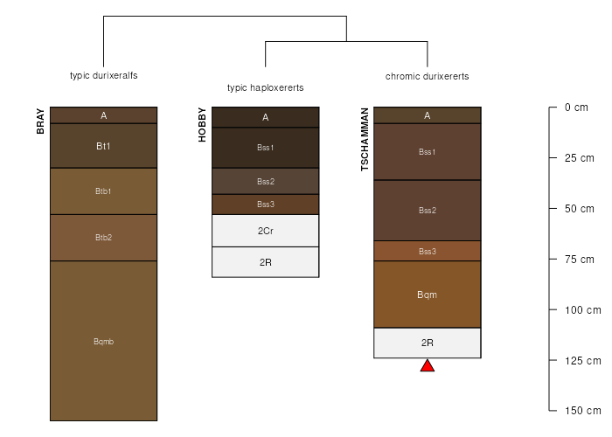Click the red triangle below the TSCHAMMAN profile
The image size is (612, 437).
tap(428, 366)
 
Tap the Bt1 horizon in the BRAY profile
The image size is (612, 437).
tap(103, 146)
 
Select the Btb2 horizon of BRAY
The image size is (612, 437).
tap(103, 238)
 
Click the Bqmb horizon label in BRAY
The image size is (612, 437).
tap(103, 342)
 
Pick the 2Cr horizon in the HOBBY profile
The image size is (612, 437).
tap(266, 231)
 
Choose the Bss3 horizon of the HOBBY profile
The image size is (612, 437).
tap(266, 205)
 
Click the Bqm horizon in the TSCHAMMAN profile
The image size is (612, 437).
tap(428, 295)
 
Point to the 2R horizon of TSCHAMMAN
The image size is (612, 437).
tap(428, 343)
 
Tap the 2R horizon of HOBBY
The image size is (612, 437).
tap(266, 262)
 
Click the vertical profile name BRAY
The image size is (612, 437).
tap(40, 121)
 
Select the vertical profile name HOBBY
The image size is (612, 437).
tap(202, 125)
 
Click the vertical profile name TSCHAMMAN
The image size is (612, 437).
tap(365, 139)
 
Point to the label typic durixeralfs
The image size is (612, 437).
tap(104, 75)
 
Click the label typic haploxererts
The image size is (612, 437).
tap(266, 87)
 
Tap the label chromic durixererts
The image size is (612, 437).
tap(428, 76)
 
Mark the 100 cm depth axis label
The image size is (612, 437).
tap(583, 310)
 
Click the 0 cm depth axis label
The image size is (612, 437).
tap(576, 108)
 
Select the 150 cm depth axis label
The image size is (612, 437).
tap(583, 411)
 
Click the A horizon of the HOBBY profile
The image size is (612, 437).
tap(266, 117)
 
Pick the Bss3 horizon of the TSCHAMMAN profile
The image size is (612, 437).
tap(428, 252)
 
